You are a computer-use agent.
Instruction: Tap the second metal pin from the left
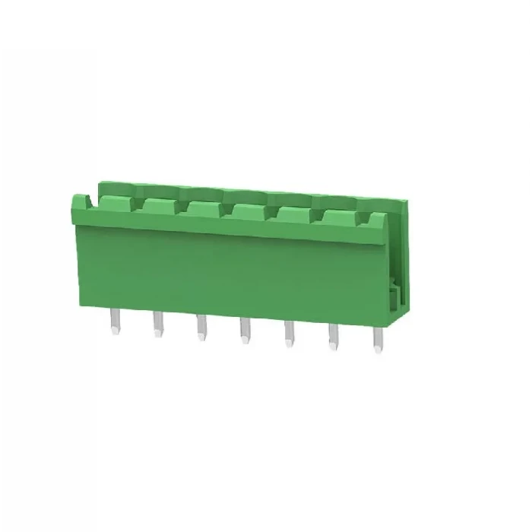pyautogui.click(x=158, y=325)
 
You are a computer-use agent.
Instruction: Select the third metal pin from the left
pyautogui.click(x=201, y=328)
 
